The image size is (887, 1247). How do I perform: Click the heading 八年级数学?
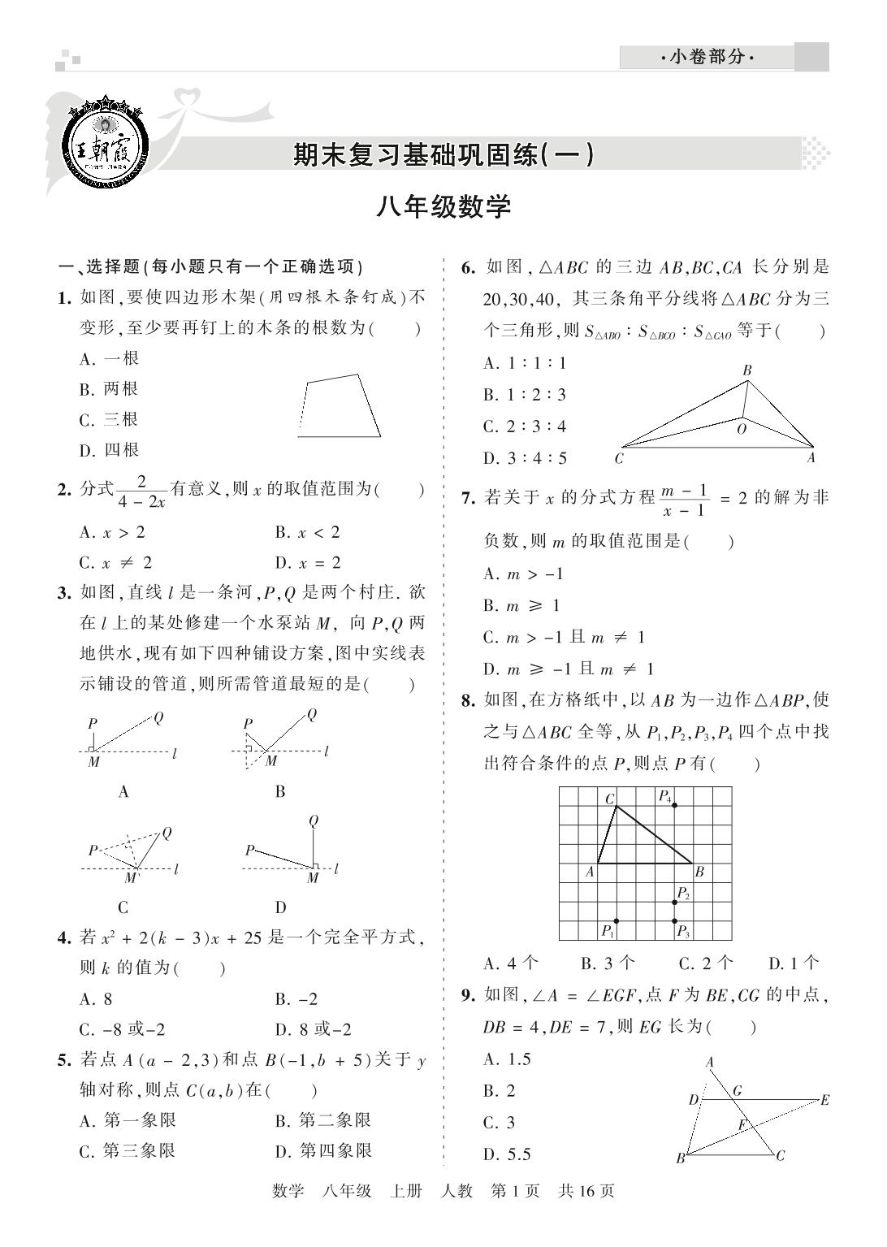point(443,207)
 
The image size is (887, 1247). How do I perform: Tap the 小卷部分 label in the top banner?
point(706,58)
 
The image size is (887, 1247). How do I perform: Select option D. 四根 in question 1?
point(109,450)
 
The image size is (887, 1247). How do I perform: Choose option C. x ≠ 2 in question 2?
point(116,563)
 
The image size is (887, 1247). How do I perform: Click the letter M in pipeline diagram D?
point(314,878)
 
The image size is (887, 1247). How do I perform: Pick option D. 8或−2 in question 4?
point(313,1030)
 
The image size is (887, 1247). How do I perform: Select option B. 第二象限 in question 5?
point(322,1121)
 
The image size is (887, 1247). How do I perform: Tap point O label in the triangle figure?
point(741,430)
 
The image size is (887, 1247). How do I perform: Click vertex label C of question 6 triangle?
point(620,458)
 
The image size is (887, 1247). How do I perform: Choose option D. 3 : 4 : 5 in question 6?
point(525,458)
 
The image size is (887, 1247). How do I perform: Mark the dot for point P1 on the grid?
point(617,920)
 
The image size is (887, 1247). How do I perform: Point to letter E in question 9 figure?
point(825,1101)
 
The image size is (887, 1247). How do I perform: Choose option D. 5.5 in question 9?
point(507,1154)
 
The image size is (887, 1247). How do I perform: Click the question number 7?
point(468,497)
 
